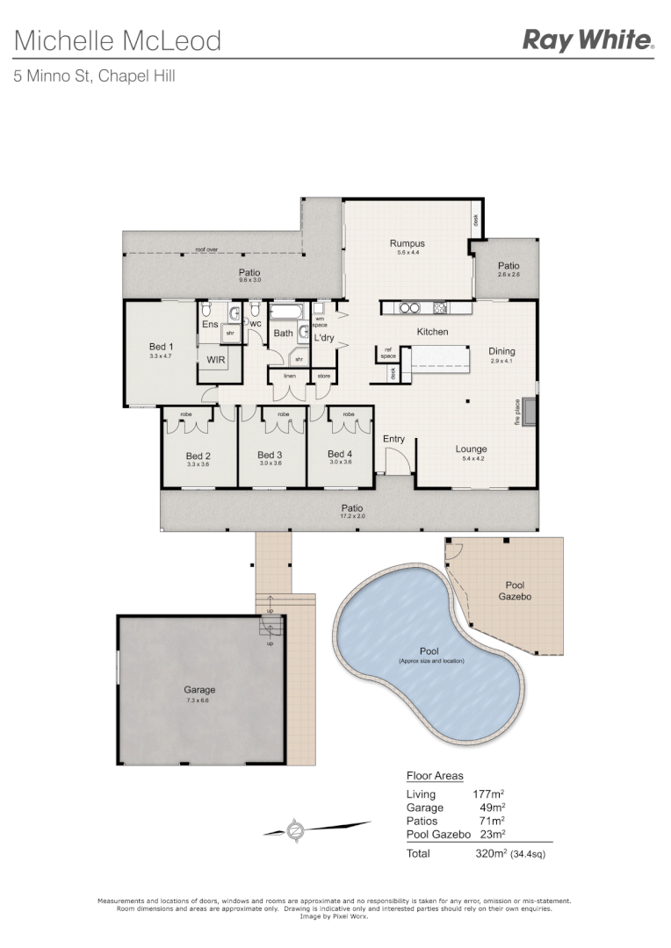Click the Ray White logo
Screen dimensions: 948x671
tap(588, 39)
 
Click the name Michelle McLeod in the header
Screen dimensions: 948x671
tap(118, 40)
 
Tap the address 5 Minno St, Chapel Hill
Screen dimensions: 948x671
tap(94, 76)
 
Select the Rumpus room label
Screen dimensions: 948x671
tap(408, 243)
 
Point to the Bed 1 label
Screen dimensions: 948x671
tap(162, 347)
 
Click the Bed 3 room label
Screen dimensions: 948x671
tap(270, 455)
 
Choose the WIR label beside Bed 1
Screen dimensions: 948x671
tap(215, 360)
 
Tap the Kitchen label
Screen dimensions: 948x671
tap(432, 332)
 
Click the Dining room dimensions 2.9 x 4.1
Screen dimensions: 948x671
tap(502, 361)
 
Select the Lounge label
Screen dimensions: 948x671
tap(471, 449)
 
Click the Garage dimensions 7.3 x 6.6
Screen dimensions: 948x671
tap(200, 700)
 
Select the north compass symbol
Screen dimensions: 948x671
tap(297, 828)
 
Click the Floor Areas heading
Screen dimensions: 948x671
tap(435, 776)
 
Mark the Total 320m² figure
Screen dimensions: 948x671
tap(490, 853)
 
